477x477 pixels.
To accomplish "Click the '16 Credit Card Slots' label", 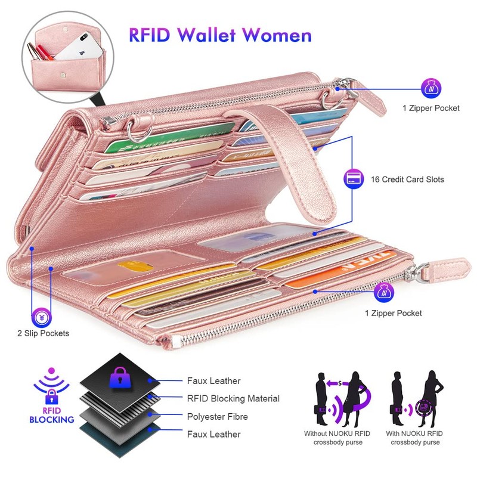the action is click(x=407, y=179).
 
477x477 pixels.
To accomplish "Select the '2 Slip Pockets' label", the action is click(x=43, y=333).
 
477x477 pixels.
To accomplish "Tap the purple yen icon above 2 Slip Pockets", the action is click(x=41, y=314).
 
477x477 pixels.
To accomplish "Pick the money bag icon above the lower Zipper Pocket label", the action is click(x=384, y=293).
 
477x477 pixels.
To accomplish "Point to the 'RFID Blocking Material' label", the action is click(x=233, y=398).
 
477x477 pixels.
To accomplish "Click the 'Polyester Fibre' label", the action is click(x=217, y=416).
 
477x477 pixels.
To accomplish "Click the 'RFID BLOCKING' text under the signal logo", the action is click(x=52, y=415).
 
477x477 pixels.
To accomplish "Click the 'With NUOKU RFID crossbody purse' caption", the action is click(x=416, y=438).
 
